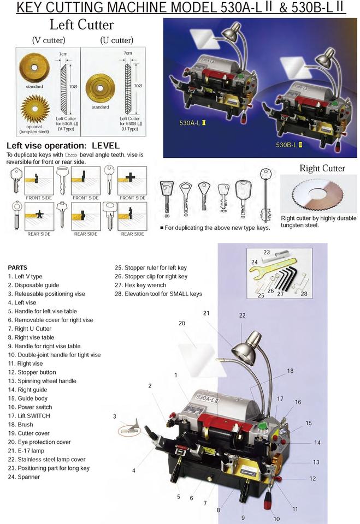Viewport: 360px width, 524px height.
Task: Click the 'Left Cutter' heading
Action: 81,25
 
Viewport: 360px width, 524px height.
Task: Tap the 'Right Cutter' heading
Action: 322,168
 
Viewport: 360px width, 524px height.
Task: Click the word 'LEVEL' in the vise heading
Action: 109,146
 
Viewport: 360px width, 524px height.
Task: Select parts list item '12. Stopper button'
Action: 32,372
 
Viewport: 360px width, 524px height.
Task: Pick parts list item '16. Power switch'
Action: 30,407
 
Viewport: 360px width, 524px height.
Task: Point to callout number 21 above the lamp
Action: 206,313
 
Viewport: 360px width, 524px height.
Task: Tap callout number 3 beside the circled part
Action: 115,416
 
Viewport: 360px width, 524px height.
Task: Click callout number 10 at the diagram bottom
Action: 276,519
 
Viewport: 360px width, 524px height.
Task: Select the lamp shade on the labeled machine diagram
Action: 244,353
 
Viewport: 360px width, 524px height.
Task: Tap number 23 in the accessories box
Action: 266,253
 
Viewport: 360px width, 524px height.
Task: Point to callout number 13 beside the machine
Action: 316,462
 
